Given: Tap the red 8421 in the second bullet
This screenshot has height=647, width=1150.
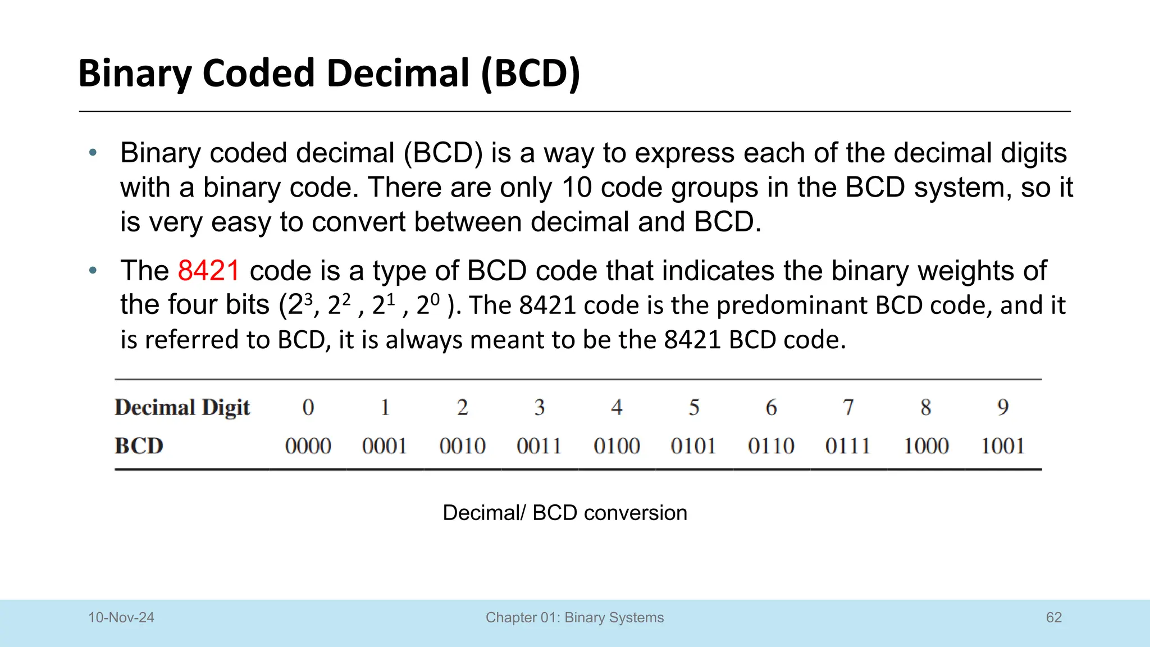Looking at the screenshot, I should point(209,271).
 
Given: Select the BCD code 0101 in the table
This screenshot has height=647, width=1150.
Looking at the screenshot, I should point(693,446).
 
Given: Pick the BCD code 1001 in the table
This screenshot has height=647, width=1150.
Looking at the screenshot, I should point(1003,446).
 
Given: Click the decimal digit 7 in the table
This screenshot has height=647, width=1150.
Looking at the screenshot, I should point(848,407).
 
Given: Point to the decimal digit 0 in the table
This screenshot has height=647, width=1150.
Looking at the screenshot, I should point(308,407).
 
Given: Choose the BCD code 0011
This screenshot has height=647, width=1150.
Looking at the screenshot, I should point(539,446).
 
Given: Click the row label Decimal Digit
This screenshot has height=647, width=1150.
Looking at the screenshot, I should point(182,408).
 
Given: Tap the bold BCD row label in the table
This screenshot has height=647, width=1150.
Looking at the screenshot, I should point(139,446).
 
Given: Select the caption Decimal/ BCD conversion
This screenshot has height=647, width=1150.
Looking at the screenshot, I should point(565,513).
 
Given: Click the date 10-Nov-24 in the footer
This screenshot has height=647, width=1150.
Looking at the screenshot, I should point(121,618).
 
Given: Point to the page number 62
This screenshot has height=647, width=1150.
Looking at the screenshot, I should point(1054,618).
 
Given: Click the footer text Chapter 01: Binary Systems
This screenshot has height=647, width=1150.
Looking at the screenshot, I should point(574,618).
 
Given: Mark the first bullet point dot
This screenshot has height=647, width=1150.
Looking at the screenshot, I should point(93,153).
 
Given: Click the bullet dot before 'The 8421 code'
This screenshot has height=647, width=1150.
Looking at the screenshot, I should point(93,271).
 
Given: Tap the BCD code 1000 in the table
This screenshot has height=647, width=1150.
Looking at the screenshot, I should point(926,446).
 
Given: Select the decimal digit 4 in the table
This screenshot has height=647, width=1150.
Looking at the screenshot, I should point(617,407).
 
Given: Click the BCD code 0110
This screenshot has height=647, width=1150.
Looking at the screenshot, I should point(771,446).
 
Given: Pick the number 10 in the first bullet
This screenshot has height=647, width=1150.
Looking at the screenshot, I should point(577,188).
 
